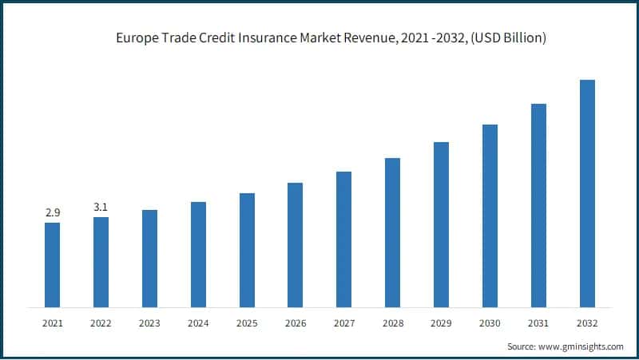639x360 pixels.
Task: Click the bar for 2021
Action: (52, 264)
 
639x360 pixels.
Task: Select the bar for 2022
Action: (101, 262)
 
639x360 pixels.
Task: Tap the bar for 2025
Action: (247, 250)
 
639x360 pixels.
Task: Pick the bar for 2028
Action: (392, 232)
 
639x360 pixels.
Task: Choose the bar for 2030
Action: (490, 216)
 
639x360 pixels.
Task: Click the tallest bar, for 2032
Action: (587, 193)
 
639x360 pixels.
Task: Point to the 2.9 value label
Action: (52, 213)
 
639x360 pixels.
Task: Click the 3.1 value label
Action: (101, 208)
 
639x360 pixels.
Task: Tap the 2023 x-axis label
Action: (149, 322)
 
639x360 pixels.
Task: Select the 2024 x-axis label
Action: (198, 322)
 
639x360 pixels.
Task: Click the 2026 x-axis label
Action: (296, 322)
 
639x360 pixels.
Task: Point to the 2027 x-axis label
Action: (344, 322)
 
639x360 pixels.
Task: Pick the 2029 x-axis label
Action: (441, 322)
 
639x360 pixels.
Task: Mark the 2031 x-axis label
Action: (538, 322)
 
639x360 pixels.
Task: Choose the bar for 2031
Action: (538, 205)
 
